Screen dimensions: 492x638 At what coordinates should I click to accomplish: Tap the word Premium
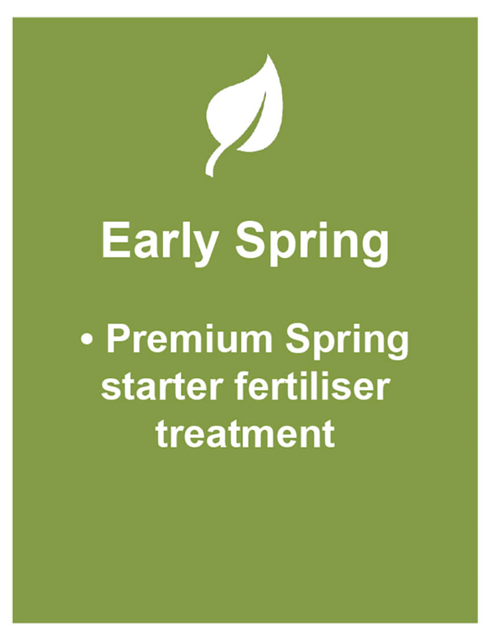[189, 339]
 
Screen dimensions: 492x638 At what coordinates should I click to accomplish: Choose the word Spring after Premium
[347, 342]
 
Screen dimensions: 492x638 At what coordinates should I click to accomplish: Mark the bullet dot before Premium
[87, 340]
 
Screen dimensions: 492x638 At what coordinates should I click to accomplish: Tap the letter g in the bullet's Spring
[396, 346]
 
